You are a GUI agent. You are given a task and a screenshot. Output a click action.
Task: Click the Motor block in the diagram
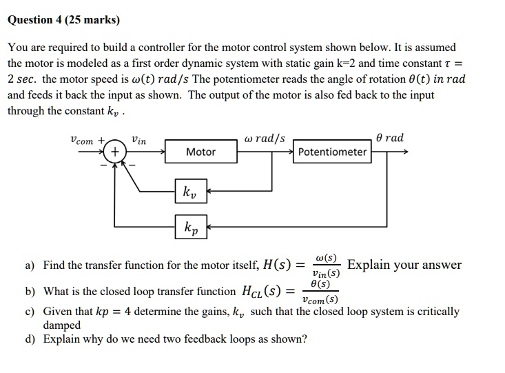click(200, 152)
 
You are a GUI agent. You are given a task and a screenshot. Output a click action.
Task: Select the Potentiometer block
click(331, 152)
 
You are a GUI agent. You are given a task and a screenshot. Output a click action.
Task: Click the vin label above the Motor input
click(138, 140)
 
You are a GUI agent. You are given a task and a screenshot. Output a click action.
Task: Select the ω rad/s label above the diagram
click(265, 139)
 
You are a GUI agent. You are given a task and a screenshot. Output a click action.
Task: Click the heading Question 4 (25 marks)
click(63, 20)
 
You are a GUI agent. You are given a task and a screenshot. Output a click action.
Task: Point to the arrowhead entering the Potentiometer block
click(291, 152)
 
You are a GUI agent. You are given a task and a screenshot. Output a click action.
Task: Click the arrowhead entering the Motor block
click(163, 152)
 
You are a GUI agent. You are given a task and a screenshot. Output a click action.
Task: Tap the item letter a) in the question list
click(30, 265)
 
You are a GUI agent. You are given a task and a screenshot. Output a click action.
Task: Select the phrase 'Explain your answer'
click(404, 265)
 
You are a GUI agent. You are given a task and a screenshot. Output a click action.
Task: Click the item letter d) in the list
click(30, 339)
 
